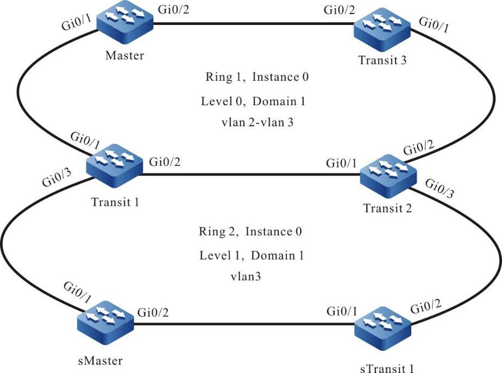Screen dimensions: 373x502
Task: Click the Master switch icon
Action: point(125,22)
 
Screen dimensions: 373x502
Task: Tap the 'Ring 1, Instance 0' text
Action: point(257,77)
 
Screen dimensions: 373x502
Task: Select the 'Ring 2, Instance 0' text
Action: point(250,232)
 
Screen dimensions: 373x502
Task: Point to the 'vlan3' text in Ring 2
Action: point(246,276)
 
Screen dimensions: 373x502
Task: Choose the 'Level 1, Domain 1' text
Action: point(252,254)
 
